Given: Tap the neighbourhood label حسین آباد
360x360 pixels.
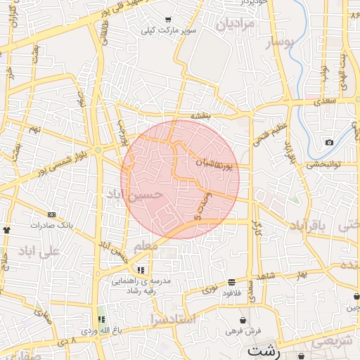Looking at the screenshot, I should pyautogui.click(x=136, y=195).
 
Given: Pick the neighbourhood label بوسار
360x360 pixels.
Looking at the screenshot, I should pyautogui.click(x=282, y=42).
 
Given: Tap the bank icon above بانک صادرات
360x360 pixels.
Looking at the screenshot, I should pyautogui.click(x=51, y=214).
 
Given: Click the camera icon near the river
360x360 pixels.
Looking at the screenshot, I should pyautogui.click(x=329, y=143).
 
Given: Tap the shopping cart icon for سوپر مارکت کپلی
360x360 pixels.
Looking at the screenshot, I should pyautogui.click(x=167, y=20).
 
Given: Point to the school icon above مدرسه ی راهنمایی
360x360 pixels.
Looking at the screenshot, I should pyautogui.click(x=141, y=270).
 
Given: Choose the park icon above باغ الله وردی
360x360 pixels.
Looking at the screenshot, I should pyautogui.click(x=101, y=320).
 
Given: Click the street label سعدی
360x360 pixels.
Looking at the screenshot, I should pyautogui.click(x=326, y=101).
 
